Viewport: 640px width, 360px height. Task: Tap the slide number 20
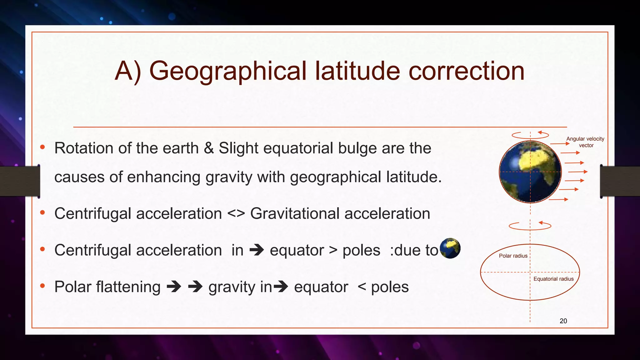[x=563, y=321]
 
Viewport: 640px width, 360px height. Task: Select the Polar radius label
[x=513, y=256]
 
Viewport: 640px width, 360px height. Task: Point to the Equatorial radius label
[x=553, y=279]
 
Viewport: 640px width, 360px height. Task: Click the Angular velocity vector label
[x=585, y=142]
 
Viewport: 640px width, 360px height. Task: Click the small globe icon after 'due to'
[x=450, y=248]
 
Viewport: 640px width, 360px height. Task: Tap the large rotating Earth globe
[x=530, y=172]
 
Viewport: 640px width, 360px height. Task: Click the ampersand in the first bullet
[x=209, y=148]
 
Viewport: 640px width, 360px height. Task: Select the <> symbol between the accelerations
[x=236, y=214]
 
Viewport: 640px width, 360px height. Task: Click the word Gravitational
[x=295, y=214]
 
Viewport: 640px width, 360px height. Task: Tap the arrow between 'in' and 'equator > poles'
[x=257, y=250]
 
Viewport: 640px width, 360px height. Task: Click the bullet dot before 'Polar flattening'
[x=43, y=286]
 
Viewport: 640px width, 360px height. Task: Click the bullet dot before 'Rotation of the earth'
[x=43, y=147]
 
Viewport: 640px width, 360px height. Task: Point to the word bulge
[x=357, y=148]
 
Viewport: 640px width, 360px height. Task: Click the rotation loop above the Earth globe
[x=530, y=135]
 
